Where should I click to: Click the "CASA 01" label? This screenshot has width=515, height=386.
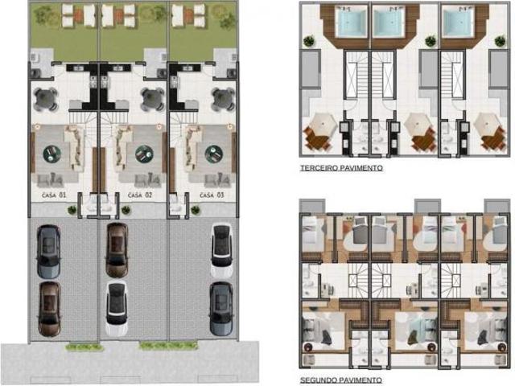point(54,195)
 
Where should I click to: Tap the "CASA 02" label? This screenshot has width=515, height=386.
point(140,195)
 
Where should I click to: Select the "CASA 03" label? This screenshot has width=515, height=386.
point(212,195)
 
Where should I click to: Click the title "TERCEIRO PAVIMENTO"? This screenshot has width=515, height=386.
point(341,168)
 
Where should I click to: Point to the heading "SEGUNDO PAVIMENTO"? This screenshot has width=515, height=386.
point(341,380)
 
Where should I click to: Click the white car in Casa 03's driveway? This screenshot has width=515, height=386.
point(222,251)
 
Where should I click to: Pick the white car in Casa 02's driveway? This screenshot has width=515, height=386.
point(117,309)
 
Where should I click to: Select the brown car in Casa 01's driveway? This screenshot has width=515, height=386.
point(50,309)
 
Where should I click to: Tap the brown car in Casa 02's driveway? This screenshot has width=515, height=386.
point(117,250)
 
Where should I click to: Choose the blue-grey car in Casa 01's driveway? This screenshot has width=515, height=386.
point(48,252)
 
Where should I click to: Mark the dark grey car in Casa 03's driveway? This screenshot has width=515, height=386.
point(221,309)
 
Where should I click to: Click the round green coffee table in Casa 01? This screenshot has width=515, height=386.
point(51,154)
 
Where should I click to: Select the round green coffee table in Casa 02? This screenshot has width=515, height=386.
point(144,154)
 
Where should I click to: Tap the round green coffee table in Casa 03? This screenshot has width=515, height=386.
point(214,154)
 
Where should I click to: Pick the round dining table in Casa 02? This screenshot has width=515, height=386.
point(152,99)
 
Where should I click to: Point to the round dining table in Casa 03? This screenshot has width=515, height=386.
point(224,99)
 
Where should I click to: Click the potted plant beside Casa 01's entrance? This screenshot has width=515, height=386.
point(72,209)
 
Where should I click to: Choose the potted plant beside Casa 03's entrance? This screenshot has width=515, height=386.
point(196,210)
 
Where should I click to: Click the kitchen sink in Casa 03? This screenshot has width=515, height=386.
point(187,68)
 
